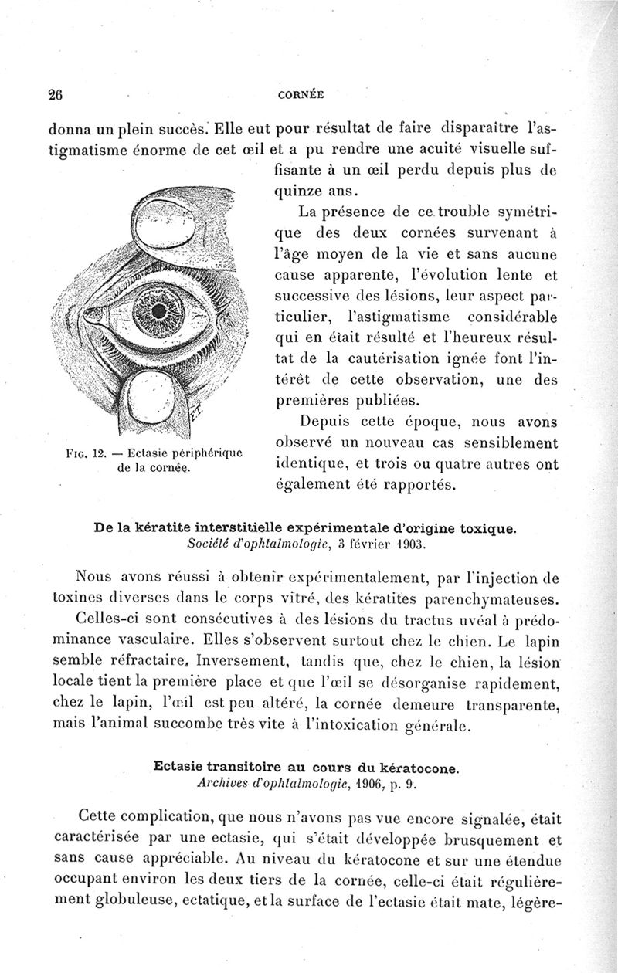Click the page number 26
pos(55,95)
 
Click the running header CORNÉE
pos(301,96)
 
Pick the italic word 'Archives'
pos(223,785)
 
